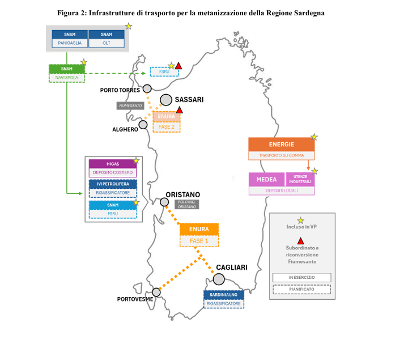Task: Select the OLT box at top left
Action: coord(107,43)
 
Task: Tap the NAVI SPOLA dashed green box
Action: coord(67,77)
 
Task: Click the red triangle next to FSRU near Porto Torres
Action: coord(178,66)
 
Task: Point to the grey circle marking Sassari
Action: coord(166,100)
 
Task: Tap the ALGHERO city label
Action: coord(125,130)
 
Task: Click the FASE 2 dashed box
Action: coord(167,127)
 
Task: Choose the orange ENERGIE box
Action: coord(281,145)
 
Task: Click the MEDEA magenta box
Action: coord(266,179)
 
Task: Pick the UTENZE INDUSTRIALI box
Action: coord(300,179)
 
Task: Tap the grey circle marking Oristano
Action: coord(164,202)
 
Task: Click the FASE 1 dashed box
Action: coord(199,241)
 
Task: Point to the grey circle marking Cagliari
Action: coord(219,279)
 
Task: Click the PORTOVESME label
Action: coord(135,299)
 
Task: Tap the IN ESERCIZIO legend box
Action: coord(301,277)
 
